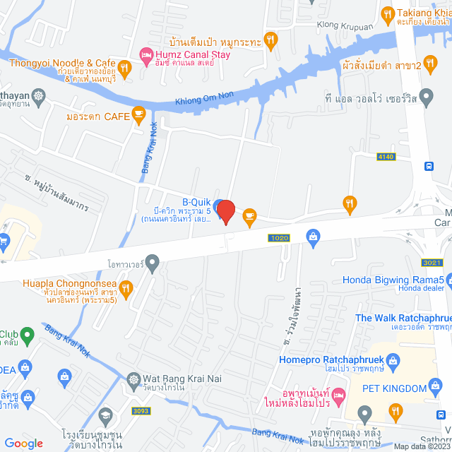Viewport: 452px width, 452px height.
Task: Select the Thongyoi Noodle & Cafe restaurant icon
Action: [x=124, y=68]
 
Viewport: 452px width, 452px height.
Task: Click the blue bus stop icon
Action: [x=428, y=167]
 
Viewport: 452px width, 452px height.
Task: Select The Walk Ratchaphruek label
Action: [x=403, y=318]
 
